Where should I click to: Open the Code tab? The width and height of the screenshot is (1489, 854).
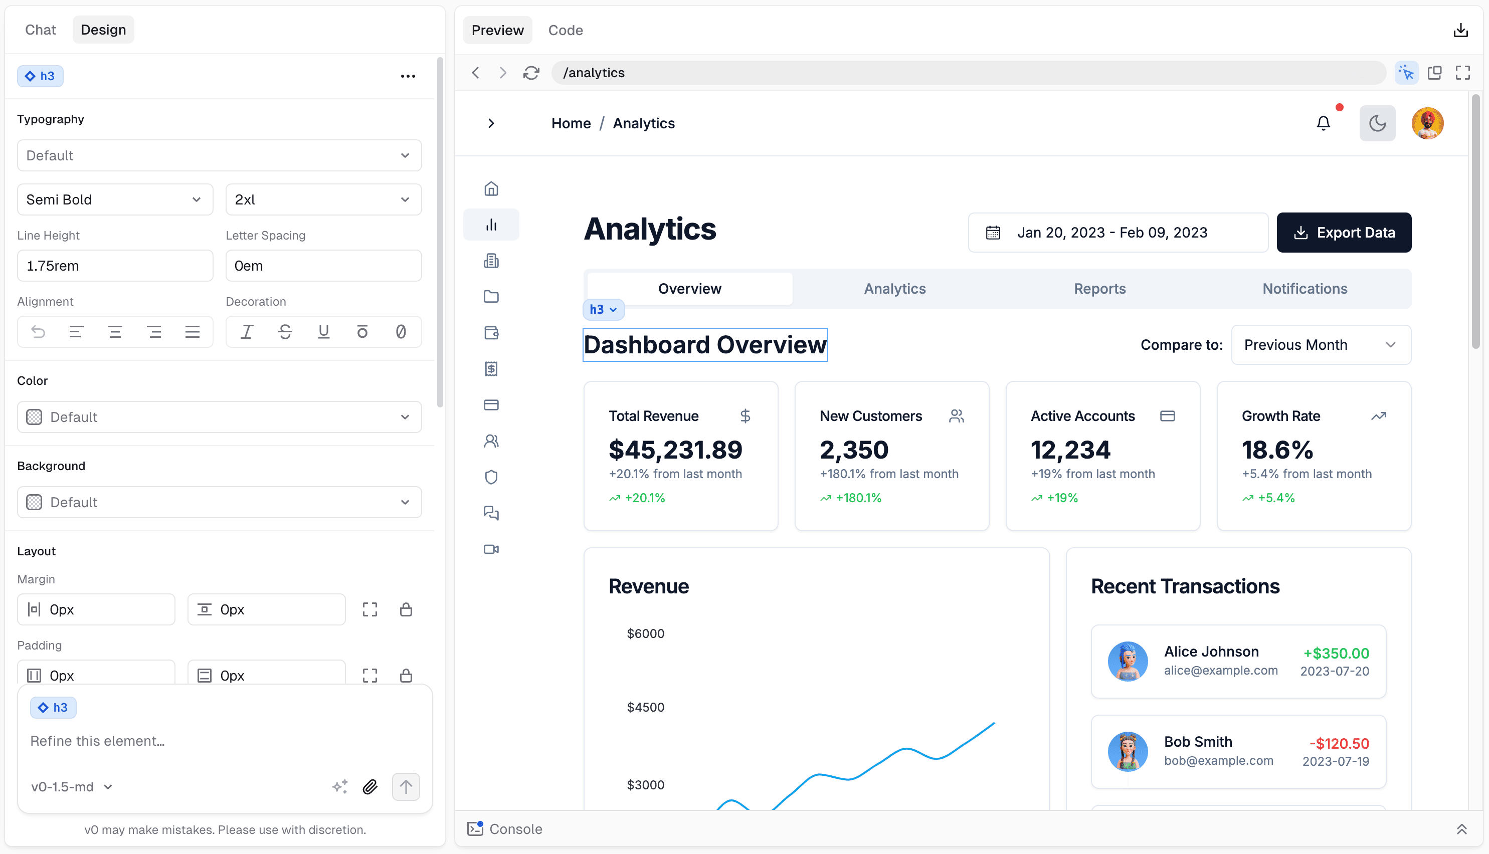pyautogui.click(x=565, y=30)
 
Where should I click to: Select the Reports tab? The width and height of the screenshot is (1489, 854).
pyautogui.click(x=1099, y=289)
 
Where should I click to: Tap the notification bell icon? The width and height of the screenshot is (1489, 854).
pyautogui.click(x=1323, y=123)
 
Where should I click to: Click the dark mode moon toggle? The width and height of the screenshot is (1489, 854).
pyautogui.click(x=1377, y=123)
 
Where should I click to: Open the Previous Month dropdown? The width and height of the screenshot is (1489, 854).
pyautogui.click(x=1321, y=345)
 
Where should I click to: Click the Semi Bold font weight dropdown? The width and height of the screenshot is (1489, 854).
pyautogui.click(x=114, y=199)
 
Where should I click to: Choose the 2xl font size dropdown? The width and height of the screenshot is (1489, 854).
pyautogui.click(x=323, y=199)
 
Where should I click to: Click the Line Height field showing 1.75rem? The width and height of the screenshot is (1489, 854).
pyautogui.click(x=114, y=266)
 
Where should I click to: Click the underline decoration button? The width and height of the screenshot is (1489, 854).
pyautogui.click(x=323, y=332)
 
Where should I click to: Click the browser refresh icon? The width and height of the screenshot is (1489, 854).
pyautogui.click(x=531, y=73)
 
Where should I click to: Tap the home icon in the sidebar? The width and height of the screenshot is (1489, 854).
pyautogui.click(x=491, y=189)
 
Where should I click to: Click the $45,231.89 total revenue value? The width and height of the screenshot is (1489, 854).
pyautogui.click(x=675, y=450)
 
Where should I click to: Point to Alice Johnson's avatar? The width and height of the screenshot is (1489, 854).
pyautogui.click(x=1127, y=661)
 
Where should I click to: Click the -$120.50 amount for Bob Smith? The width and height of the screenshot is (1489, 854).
pyautogui.click(x=1340, y=743)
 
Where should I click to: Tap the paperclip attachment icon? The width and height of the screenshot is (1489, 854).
pyautogui.click(x=369, y=786)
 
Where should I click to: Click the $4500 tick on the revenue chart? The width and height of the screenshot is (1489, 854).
pyautogui.click(x=645, y=707)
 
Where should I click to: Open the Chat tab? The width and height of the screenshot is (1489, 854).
pyautogui.click(x=41, y=30)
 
